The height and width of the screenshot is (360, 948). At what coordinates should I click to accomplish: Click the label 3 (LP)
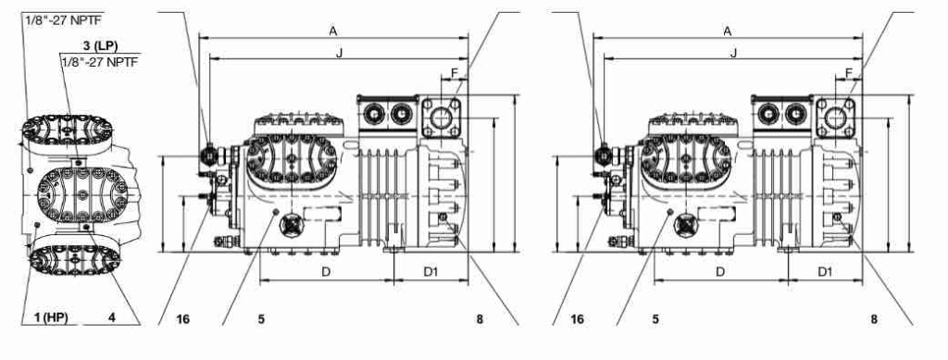tap(100, 46)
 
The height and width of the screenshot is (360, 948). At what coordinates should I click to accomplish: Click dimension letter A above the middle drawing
tap(333, 31)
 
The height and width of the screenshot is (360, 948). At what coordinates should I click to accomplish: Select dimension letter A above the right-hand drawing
tap(728, 31)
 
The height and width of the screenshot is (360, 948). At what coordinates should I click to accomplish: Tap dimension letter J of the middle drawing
tap(339, 53)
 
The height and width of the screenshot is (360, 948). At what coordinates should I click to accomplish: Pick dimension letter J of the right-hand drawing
tap(733, 53)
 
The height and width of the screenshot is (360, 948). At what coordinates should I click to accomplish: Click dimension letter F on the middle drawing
tap(455, 74)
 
